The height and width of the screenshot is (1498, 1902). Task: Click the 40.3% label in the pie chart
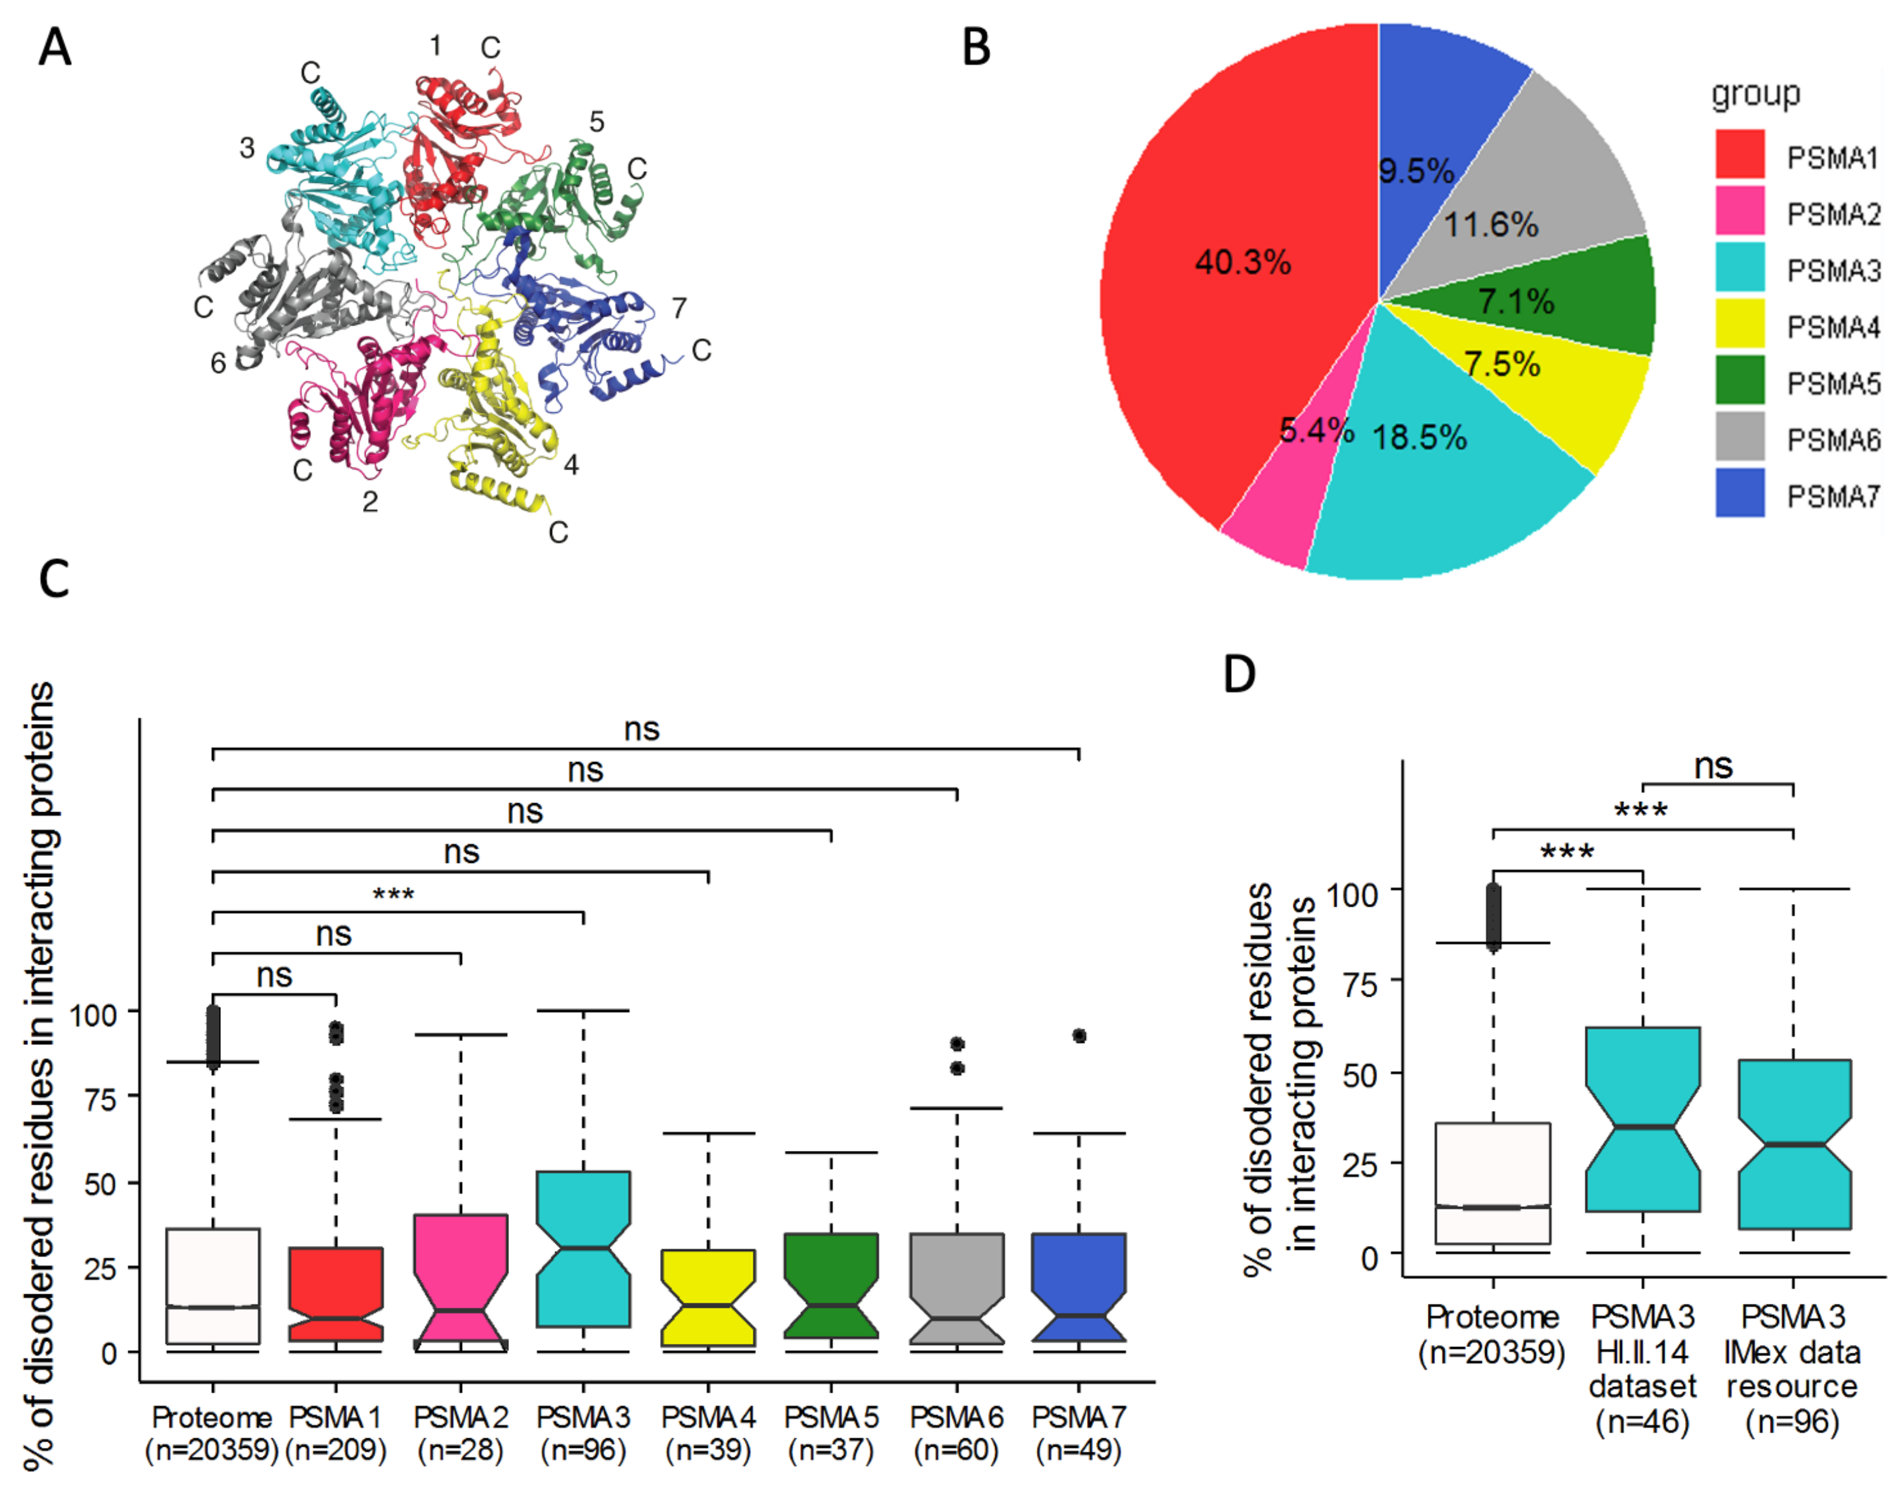point(1242,261)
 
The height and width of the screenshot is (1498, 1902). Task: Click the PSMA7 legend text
point(1833,496)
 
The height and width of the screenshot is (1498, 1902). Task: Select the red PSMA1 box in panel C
point(336,1294)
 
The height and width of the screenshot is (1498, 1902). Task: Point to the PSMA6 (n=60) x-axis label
point(956,1433)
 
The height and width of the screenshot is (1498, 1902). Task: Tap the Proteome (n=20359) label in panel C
point(211,1433)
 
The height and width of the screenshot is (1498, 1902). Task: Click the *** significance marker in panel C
point(393,895)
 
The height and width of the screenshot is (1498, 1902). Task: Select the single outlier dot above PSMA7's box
point(1079,1036)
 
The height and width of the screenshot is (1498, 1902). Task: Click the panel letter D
point(1239,674)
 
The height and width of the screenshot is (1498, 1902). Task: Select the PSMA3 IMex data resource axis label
point(1792,1368)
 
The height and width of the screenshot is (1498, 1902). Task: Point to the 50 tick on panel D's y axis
point(1360,1074)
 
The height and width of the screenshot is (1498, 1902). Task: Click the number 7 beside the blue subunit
point(679,308)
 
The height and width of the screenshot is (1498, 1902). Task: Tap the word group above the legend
point(1755,93)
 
